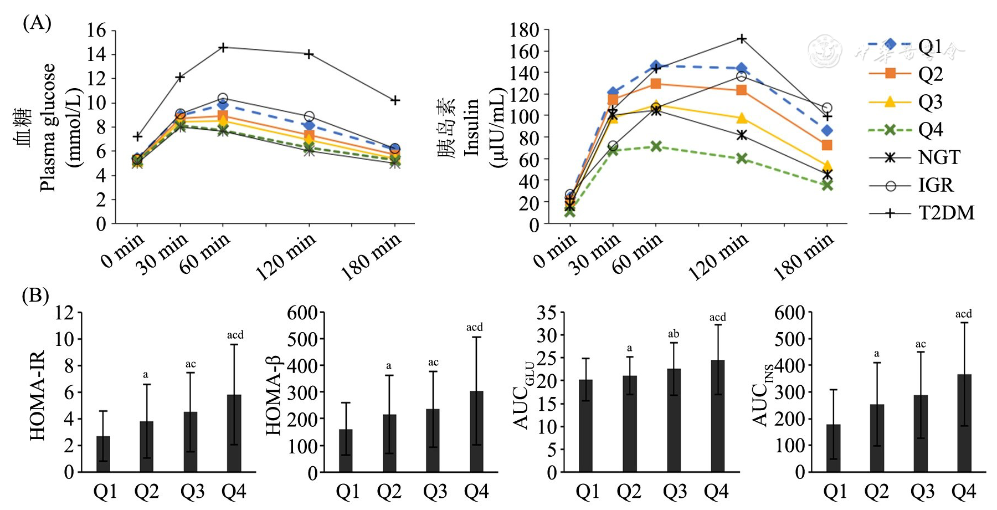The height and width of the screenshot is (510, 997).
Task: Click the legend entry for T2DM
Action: coord(945,213)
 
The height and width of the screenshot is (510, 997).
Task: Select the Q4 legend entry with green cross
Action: coord(931,130)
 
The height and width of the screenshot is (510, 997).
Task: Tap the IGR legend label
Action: coord(936,185)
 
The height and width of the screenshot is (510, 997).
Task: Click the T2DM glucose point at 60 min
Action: coord(223,48)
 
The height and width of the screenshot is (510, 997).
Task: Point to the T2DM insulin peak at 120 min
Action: coord(741,39)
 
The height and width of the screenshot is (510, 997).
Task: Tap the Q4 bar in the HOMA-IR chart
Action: coord(234,433)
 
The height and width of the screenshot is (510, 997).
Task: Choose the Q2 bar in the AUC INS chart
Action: coord(877,438)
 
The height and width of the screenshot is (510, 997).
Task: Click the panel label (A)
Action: coord(37,23)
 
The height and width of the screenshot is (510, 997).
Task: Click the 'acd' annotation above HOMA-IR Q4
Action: coord(235,335)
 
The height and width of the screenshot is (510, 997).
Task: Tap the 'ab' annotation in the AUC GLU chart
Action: coord(674,334)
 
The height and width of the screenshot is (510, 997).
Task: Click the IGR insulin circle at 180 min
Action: coord(827,108)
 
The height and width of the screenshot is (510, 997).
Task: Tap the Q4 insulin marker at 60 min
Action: coord(656,146)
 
